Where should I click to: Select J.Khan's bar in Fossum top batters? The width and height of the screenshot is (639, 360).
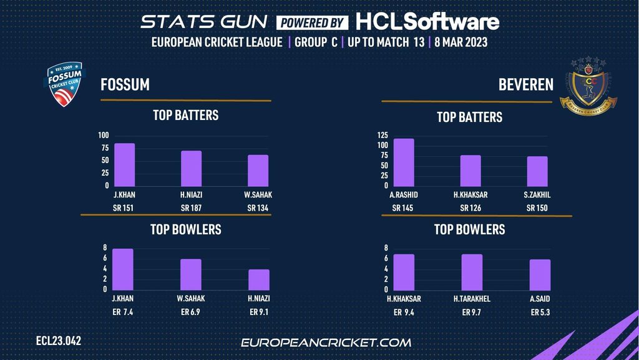pos(124,164)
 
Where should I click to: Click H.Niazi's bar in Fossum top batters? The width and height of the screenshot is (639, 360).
pos(191,168)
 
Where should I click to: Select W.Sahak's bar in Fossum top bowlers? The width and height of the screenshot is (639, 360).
pos(191,274)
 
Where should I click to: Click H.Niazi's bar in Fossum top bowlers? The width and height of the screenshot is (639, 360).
pos(259,279)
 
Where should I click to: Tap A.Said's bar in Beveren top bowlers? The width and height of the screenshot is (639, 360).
pos(540,274)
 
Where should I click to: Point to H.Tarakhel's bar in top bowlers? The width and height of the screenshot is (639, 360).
pos(472,272)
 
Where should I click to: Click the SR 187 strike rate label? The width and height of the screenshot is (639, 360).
pos(191,208)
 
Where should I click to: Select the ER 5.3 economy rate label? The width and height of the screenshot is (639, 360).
pos(540,312)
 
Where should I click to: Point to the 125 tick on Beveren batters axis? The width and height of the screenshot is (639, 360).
pos(383,136)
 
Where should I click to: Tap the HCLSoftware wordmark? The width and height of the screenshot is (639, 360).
pos(427,22)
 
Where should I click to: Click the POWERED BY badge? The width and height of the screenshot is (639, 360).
pos(312,23)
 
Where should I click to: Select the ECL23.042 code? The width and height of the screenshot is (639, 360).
pos(59,341)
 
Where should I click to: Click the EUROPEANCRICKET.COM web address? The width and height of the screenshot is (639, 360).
pos(326,342)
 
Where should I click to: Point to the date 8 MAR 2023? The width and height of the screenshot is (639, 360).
pos(461,43)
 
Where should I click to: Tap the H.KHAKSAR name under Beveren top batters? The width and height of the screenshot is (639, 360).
pos(471,195)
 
